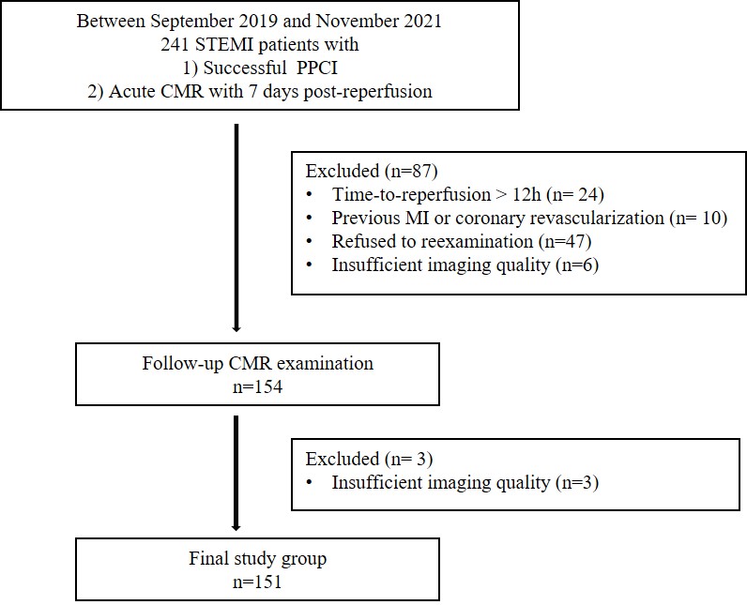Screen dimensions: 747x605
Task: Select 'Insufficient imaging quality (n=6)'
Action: point(465,265)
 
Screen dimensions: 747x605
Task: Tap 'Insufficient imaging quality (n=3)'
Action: point(465,483)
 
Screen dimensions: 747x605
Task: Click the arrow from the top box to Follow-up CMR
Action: point(236,225)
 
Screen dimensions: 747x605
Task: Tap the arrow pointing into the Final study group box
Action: point(236,478)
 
